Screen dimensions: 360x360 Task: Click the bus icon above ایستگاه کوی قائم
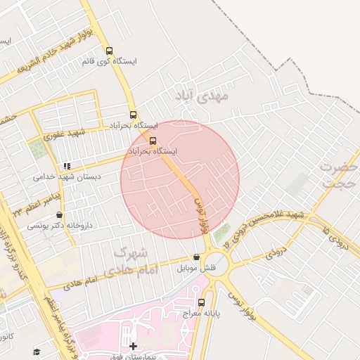coord(109,51)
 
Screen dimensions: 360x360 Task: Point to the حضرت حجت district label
coord(339,175)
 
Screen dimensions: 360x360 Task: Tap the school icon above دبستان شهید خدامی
coord(67,167)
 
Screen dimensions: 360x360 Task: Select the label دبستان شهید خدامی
coord(67,177)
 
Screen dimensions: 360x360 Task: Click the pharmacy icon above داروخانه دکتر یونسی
coord(59,215)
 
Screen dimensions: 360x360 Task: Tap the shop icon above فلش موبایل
coord(196,258)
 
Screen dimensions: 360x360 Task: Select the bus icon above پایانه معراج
coord(202,303)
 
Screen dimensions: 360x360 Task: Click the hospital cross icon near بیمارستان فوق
coord(134,346)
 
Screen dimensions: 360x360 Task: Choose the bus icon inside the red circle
coord(153,141)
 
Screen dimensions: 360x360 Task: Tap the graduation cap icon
coord(37,352)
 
